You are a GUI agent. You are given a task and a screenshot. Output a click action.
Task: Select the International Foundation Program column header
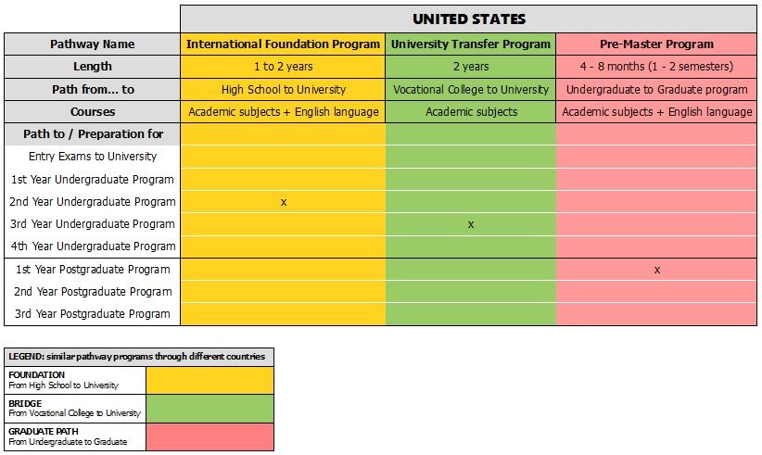click(x=283, y=44)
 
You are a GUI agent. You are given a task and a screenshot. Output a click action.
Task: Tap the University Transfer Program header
click(x=471, y=44)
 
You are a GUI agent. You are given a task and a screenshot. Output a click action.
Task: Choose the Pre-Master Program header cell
click(x=656, y=44)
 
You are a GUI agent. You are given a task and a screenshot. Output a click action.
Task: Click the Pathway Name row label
click(x=92, y=44)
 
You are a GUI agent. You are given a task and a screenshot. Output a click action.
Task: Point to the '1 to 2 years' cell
click(x=283, y=67)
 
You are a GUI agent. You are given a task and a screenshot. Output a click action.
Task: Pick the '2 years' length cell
click(x=471, y=67)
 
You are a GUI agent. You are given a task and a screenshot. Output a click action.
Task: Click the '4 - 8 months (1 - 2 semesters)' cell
click(x=656, y=67)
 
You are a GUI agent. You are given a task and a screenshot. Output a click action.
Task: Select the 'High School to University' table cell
click(x=283, y=90)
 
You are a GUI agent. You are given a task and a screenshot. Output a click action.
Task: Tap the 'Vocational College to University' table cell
click(x=471, y=90)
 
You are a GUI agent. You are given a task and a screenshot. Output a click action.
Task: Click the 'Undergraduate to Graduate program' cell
click(x=656, y=90)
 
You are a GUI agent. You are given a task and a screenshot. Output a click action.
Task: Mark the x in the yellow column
click(x=283, y=202)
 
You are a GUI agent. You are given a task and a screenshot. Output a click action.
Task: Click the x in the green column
click(x=471, y=224)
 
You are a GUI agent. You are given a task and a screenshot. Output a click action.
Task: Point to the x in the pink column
click(x=656, y=270)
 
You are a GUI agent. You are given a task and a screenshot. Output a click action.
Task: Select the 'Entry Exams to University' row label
click(x=92, y=157)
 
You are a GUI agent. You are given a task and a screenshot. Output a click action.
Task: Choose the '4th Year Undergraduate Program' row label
click(x=92, y=246)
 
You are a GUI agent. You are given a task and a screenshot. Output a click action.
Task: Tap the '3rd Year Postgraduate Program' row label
click(x=92, y=314)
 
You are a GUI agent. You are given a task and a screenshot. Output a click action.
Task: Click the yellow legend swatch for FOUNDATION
click(x=210, y=380)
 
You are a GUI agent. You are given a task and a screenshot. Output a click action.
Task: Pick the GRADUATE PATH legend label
click(x=43, y=432)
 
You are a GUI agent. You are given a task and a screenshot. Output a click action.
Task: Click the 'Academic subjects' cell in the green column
click(x=471, y=112)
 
